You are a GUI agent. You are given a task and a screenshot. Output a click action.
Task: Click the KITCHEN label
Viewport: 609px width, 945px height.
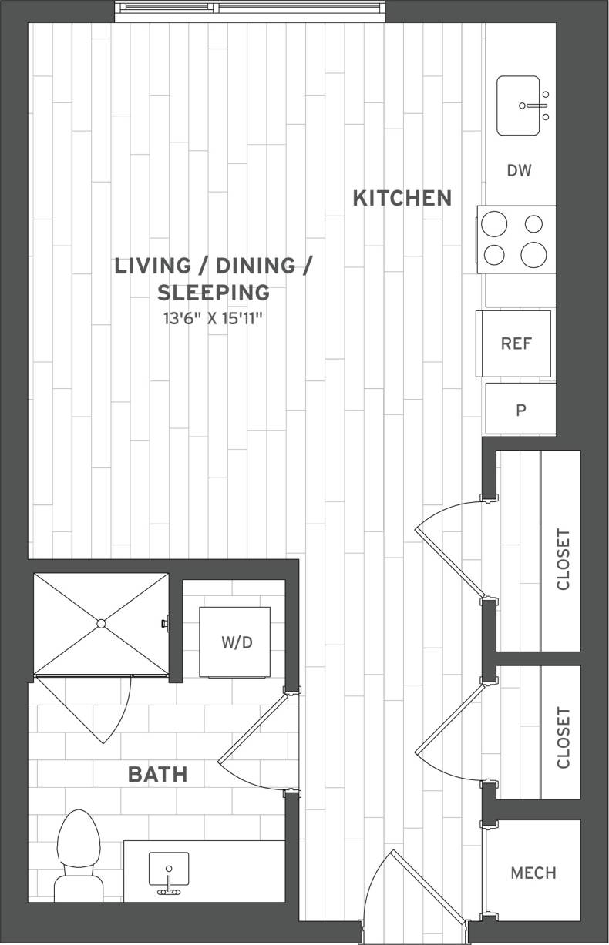402,198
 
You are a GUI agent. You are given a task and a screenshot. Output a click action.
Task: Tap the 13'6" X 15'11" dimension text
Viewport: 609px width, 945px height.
214,317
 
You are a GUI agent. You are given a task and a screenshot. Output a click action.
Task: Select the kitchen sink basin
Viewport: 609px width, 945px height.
518,106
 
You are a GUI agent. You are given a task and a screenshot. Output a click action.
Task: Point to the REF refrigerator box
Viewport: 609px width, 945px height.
515,343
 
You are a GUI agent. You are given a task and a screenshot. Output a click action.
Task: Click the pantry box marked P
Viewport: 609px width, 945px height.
520,410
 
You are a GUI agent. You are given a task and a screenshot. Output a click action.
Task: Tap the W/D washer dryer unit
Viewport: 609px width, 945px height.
235,642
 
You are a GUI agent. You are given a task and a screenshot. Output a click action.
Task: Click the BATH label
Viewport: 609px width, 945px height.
157,774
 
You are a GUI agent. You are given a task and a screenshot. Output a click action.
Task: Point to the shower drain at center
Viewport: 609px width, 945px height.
101,623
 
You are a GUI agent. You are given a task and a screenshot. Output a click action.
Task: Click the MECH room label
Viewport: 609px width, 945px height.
533,873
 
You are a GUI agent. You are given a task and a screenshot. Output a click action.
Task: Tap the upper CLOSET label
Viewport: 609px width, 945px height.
563,559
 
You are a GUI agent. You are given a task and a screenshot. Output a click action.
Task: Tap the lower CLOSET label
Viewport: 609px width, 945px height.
563,737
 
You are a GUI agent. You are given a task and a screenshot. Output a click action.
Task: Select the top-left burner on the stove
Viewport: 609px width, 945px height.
494,225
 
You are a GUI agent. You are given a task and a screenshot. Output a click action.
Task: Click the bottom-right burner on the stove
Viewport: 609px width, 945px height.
533,254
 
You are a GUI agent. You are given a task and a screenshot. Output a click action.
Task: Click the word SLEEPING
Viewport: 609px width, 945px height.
214,293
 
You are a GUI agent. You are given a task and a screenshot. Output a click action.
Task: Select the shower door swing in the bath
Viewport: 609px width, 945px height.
93,709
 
